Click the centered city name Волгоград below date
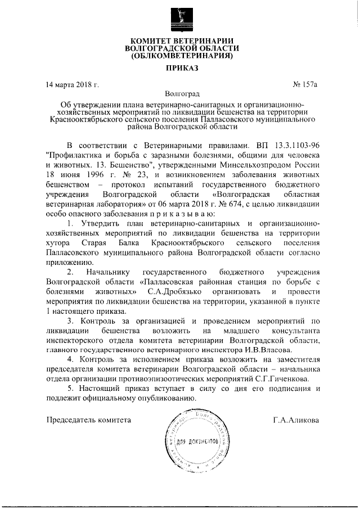[x=182, y=94]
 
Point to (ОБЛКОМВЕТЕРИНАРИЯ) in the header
[x=181, y=56]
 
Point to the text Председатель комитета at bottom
[x=88, y=420]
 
